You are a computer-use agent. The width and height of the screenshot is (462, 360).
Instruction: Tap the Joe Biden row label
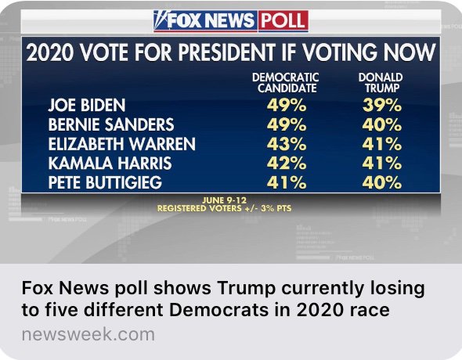pyautogui.click(x=87, y=106)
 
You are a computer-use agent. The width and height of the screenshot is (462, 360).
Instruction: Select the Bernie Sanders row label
pyautogui.click(x=110, y=125)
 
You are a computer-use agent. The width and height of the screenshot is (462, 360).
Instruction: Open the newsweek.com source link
pyautogui.click(x=88, y=335)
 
